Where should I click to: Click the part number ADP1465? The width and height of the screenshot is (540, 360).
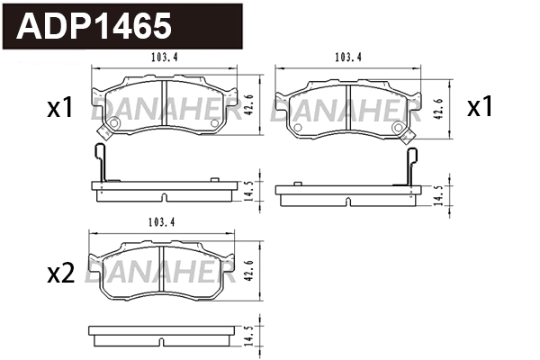point(95,26)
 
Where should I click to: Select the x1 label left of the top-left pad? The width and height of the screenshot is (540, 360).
point(59,109)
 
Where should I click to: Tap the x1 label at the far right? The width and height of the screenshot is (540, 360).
point(480,108)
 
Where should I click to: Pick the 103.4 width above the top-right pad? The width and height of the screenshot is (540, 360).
point(347,58)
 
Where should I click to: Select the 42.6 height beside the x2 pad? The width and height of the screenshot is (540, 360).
point(248,270)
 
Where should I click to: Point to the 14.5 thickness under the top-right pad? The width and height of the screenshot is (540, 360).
point(437,196)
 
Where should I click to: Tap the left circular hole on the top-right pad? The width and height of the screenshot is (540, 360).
point(298,128)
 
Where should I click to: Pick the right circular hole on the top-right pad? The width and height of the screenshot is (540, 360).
point(398,128)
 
